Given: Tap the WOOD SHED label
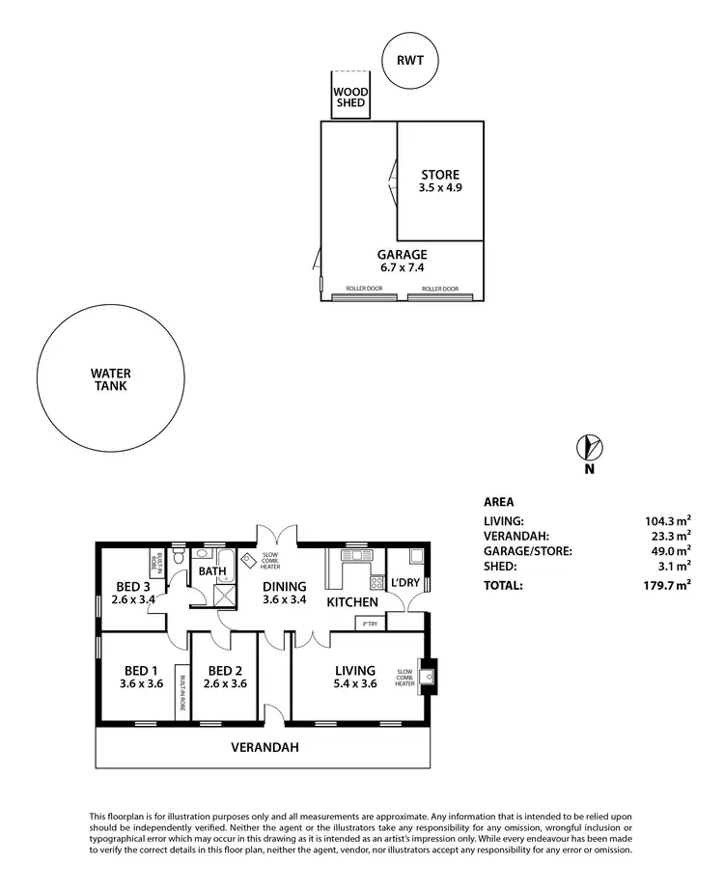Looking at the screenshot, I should (349, 97).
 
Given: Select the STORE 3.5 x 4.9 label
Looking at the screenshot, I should (440, 181).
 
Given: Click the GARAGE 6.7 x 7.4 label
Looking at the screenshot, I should (402, 262).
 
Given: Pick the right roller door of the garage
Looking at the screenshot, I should (439, 292).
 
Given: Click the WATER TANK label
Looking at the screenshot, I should (111, 379).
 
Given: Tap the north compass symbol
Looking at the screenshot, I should (589, 448).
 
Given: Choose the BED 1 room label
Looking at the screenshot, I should (141, 677).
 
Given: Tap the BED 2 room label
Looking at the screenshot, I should (224, 677).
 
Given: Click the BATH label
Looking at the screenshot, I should (212, 570).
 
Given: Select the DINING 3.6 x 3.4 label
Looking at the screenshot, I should (284, 593).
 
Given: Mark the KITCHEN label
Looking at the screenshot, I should (351, 602).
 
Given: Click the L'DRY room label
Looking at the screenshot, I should (405, 582).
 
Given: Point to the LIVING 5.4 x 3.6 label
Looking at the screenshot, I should (354, 677).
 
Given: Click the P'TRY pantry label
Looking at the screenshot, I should (370, 624).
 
